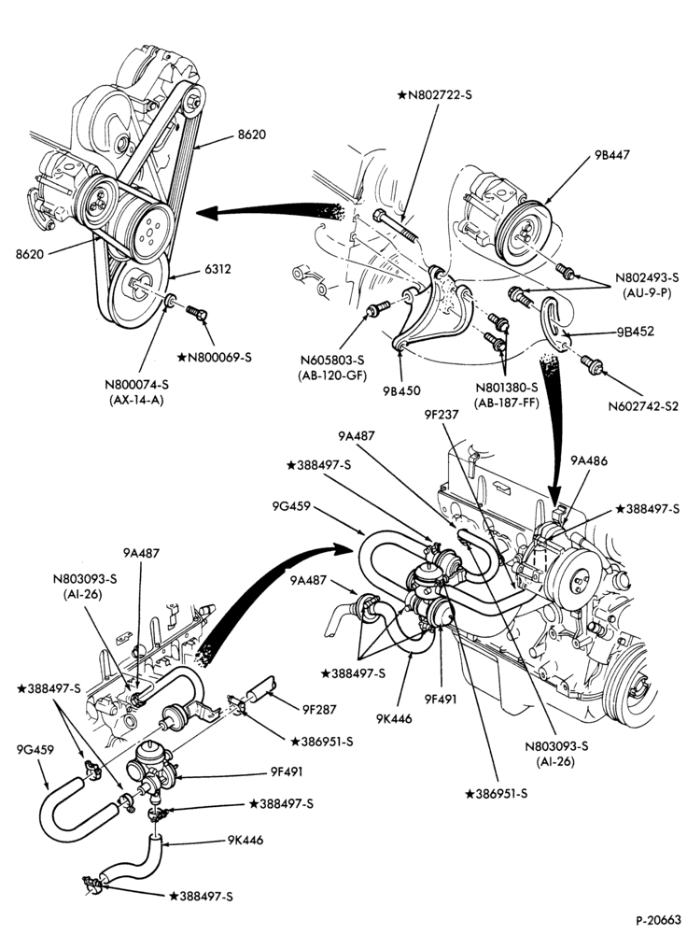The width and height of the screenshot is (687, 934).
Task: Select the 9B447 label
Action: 611,155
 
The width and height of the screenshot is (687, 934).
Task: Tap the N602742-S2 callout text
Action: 643,407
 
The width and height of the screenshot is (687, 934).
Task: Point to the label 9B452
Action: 636,332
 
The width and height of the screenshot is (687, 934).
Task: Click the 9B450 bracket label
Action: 401,390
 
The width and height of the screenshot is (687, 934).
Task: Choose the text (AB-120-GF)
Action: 332,375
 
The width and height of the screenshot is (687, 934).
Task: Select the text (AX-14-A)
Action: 137,401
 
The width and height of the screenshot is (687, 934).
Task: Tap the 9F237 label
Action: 442,414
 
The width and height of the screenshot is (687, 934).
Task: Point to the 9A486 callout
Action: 589,460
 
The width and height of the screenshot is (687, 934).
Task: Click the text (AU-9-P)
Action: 647,293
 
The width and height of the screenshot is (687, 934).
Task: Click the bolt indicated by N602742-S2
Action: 592,364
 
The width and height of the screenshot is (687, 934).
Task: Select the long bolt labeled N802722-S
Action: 396,225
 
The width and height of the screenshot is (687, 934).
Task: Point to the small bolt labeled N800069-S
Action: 196,312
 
